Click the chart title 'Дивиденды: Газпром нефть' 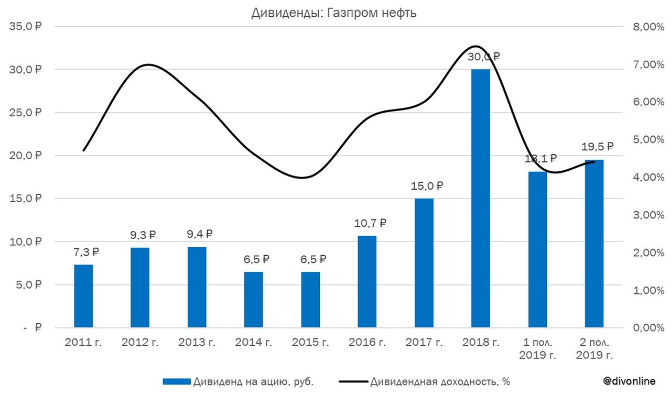[x=334, y=13]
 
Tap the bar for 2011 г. [x=83, y=296]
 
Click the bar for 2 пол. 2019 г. [x=594, y=244]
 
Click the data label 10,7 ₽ [x=370, y=223]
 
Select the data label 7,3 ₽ [x=86, y=252]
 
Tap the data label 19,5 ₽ [x=597, y=147]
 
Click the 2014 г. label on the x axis [x=253, y=343]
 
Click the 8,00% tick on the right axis [x=642, y=27]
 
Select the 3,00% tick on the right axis [x=642, y=215]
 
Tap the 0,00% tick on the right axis [x=642, y=328]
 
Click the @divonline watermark [x=629, y=381]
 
